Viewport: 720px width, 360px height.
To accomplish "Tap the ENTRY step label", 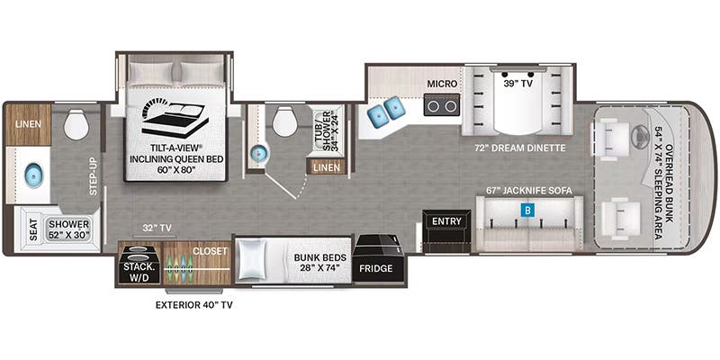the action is (446, 221).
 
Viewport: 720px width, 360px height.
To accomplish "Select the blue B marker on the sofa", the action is (528, 211).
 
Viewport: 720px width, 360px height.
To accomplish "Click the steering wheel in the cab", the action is (634, 134).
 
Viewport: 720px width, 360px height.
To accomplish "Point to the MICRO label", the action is (442, 84).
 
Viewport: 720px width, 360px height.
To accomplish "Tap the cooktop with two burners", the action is (442, 105).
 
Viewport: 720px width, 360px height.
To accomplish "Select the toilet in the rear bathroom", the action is (76, 125).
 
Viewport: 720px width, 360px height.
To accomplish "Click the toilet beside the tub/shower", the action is (285, 121).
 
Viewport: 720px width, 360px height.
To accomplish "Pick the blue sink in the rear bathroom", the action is (33, 176).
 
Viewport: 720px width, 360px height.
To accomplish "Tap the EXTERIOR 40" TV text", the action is (193, 305).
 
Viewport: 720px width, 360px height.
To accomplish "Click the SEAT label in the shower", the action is (33, 229).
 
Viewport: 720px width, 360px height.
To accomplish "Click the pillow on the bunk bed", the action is (253, 259).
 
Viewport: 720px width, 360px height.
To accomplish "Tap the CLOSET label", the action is (210, 251).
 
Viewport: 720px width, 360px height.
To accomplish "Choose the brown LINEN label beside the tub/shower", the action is (328, 167).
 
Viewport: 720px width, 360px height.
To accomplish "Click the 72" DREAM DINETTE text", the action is (521, 148).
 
